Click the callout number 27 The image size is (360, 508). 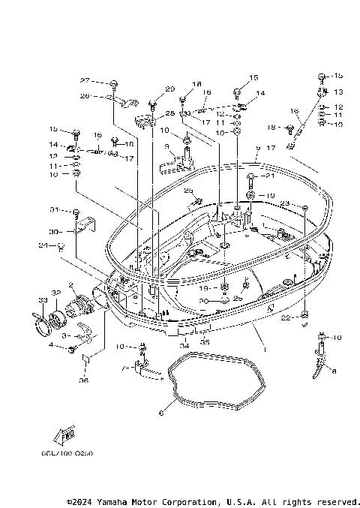tap(85, 80)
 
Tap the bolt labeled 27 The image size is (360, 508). tap(111, 83)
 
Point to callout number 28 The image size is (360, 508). tap(169, 113)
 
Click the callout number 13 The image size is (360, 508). tap(337, 92)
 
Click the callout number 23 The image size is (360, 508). tap(285, 203)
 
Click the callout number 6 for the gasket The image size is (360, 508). tap(160, 412)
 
